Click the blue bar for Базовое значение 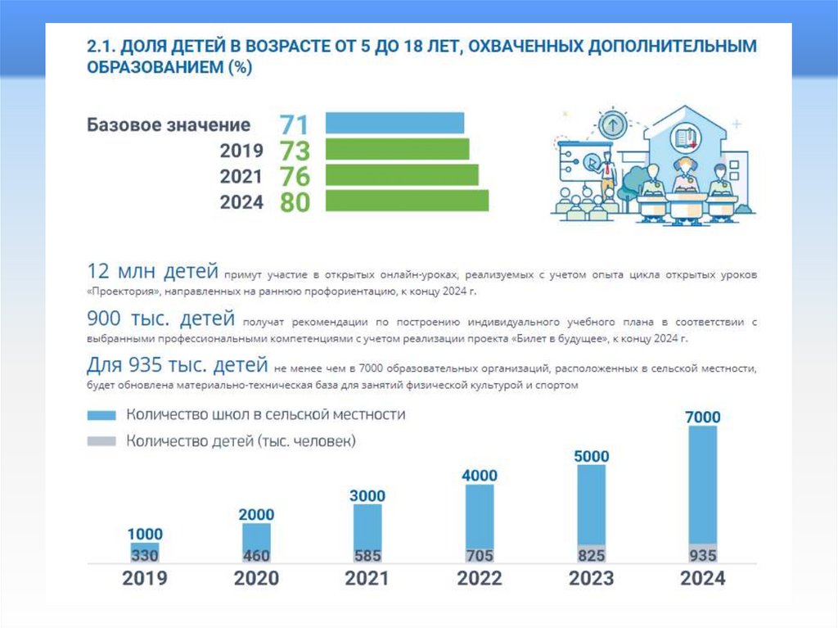394,123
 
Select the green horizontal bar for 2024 407,201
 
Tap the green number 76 294,176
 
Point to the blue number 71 294,124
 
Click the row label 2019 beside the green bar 241,151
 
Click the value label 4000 480,475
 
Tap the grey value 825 592,555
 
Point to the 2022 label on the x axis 480,579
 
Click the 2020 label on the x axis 256,579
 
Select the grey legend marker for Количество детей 101,442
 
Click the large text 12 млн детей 153,271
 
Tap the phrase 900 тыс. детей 161,319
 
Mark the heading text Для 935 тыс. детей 177,364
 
